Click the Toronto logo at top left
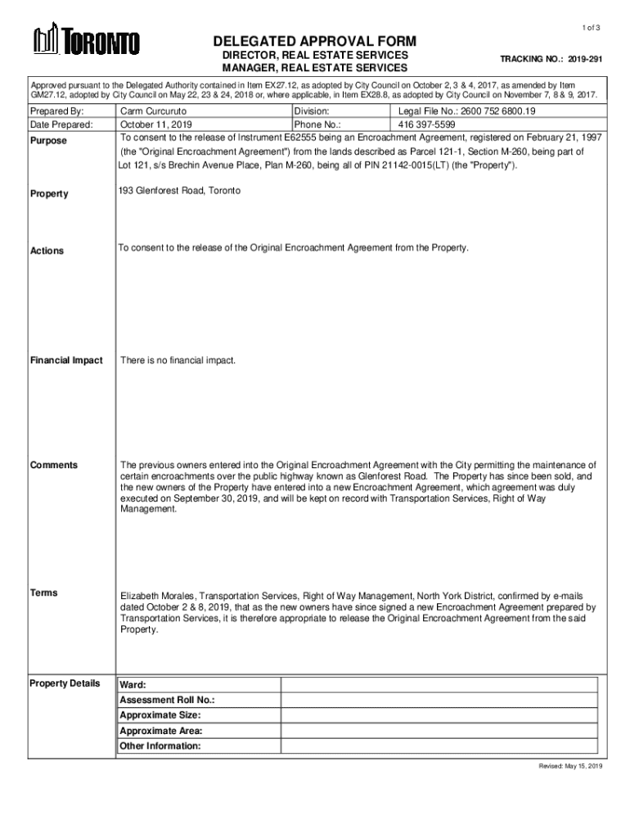[86, 41]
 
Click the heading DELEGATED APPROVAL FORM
[315, 41]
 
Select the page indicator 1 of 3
[591, 29]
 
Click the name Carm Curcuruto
[154, 110]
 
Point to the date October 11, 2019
[155, 125]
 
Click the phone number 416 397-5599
[426, 125]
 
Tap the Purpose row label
[49, 141]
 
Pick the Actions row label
[47, 250]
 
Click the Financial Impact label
[66, 360]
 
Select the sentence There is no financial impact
[178, 360]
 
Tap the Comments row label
[54, 465]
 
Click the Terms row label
[43, 592]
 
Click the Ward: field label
[133, 684]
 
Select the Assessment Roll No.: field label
[167, 700]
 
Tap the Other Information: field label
[160, 746]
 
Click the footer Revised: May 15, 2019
[569, 766]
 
